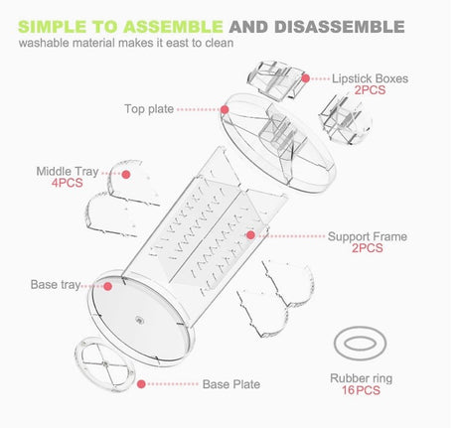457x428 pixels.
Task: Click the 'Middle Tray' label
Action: [x=67, y=170]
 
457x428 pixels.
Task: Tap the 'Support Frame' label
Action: [x=367, y=237]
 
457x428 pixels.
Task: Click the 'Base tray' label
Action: [x=55, y=285]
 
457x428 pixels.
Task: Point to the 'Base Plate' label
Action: [x=231, y=383]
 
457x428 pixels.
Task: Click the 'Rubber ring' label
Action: [x=361, y=378]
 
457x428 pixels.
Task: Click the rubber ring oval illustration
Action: [x=361, y=344]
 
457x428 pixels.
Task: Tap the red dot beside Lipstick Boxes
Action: [x=306, y=78]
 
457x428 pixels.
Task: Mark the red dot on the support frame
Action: [x=251, y=236]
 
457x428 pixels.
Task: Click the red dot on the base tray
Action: [x=97, y=285]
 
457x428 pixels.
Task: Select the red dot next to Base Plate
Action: [x=141, y=383]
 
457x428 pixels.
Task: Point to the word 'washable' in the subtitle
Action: [x=45, y=45]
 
